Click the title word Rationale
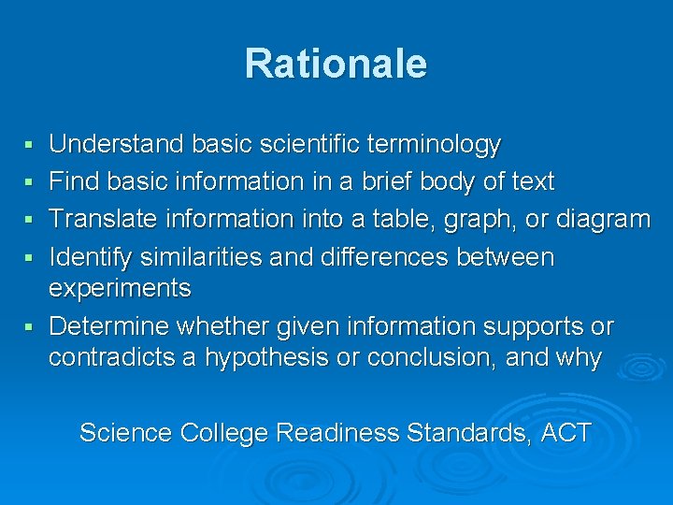click(336, 64)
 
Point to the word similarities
click(213, 256)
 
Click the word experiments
click(120, 289)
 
